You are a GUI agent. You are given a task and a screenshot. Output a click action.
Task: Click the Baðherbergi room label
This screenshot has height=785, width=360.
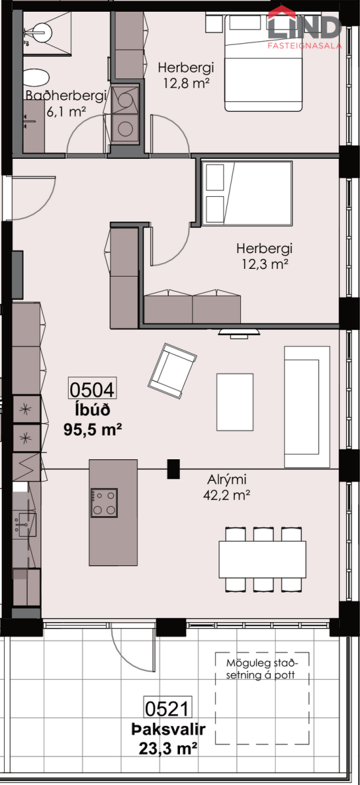pyautogui.click(x=66, y=96)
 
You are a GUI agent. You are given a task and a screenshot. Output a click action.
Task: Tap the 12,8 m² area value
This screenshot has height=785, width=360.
pyautogui.click(x=186, y=84)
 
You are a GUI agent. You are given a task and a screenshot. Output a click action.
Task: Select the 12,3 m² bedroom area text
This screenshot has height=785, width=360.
pyautogui.click(x=264, y=264)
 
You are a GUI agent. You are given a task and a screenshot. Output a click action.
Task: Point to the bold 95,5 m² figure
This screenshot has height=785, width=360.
pyautogui.click(x=92, y=429)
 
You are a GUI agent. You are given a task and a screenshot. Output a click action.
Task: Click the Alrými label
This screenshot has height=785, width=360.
pyautogui.click(x=226, y=479)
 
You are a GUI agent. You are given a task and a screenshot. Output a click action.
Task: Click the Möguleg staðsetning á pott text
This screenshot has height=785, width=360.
pyautogui.click(x=262, y=669)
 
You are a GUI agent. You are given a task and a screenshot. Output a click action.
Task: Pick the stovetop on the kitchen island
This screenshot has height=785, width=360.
pyautogui.click(x=104, y=503)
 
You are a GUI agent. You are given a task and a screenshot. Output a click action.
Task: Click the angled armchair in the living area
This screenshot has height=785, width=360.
pyautogui.click(x=172, y=371)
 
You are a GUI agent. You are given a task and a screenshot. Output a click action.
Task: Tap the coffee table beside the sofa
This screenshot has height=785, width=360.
pyautogui.click(x=235, y=402)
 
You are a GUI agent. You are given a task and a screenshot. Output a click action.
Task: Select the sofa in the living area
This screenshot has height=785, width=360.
pyautogui.click(x=307, y=407)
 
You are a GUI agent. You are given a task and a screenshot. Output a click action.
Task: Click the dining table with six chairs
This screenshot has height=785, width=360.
pyautogui.click(x=262, y=560)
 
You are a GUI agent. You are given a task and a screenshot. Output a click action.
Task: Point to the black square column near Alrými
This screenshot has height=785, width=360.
pyautogui.click(x=173, y=469)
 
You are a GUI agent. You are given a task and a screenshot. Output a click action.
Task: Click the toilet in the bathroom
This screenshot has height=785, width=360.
pyautogui.click(x=37, y=78)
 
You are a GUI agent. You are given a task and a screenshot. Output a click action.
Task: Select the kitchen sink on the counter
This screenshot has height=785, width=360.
pyautogui.click(x=25, y=525)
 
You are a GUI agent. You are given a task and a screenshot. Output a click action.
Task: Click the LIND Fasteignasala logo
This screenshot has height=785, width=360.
pyautogui.click(x=304, y=27)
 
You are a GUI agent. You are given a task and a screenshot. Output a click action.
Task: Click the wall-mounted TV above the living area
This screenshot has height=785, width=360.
pyautogui.click(x=239, y=332)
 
